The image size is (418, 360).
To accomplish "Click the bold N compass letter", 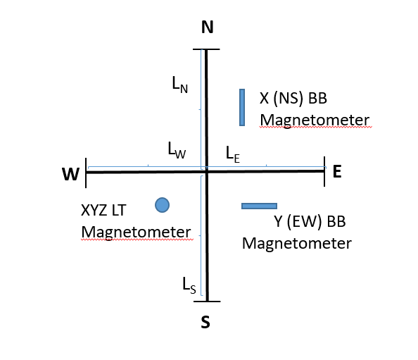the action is pyautogui.click(x=208, y=27).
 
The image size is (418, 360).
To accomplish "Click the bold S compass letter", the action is pyautogui.click(x=205, y=322).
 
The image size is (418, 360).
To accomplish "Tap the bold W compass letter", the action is pyautogui.click(x=70, y=174).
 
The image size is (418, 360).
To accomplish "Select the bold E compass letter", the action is pyautogui.click(x=337, y=171).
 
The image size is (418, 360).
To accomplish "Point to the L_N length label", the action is pyautogui.click(x=180, y=85).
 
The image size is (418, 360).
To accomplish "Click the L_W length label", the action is pyautogui.click(x=177, y=150).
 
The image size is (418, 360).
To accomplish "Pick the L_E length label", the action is pyautogui.click(x=233, y=154).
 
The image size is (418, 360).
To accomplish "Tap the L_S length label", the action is pyautogui.click(x=189, y=286).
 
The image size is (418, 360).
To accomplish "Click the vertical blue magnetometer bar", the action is pyautogui.click(x=242, y=107).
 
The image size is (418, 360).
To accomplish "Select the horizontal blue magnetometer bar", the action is pyautogui.click(x=259, y=206).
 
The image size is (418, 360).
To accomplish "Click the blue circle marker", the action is pyautogui.click(x=162, y=205).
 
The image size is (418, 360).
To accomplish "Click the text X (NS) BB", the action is pyautogui.click(x=293, y=99).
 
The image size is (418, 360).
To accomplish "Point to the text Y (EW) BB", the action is pyautogui.click(x=310, y=222).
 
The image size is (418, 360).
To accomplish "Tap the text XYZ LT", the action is pyautogui.click(x=103, y=210).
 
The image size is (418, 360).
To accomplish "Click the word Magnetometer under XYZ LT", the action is pyautogui.click(x=137, y=232).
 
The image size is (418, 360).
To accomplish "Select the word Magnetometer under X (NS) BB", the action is pyautogui.click(x=315, y=120).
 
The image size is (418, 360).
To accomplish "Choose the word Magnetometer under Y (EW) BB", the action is pyautogui.click(x=297, y=244).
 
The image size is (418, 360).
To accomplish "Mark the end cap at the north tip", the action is pyautogui.click(x=206, y=49).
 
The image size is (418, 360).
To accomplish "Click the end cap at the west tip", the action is pyautogui.click(x=86, y=173).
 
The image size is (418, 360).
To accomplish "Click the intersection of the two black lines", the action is pyautogui.click(x=207, y=172).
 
